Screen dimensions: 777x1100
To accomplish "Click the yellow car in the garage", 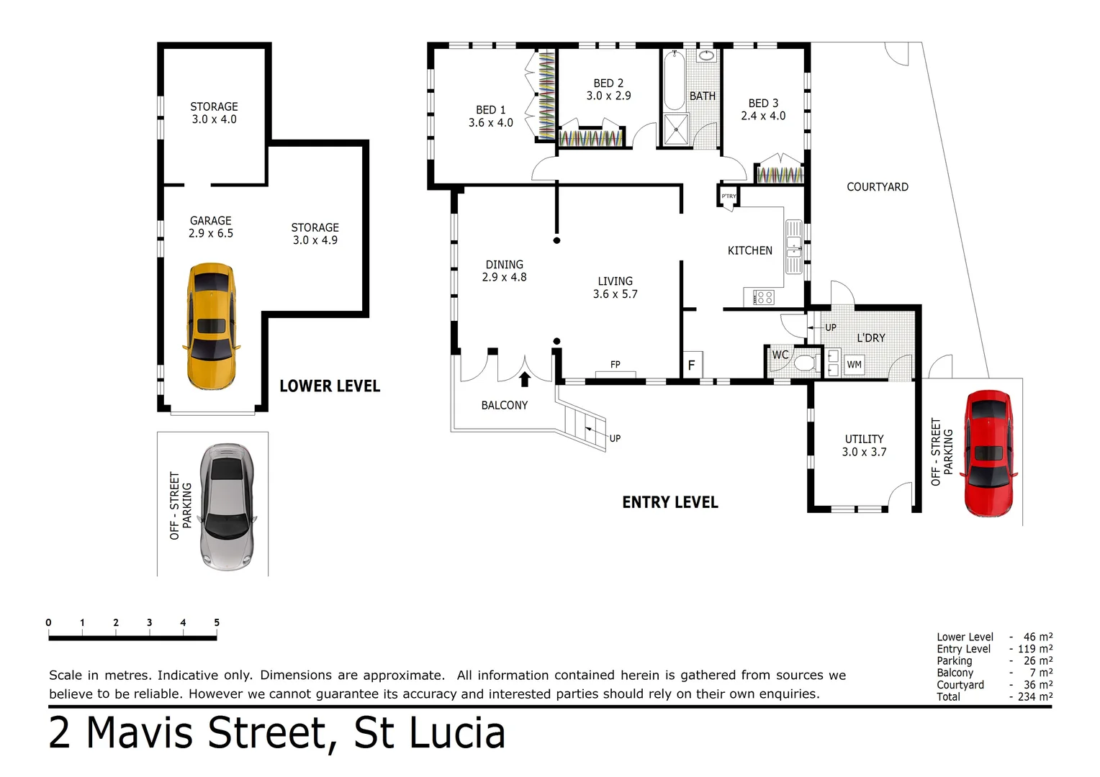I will [x=211, y=326].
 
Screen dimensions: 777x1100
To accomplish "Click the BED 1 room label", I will [x=490, y=110].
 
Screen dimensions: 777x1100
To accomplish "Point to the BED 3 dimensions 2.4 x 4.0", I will [x=763, y=116].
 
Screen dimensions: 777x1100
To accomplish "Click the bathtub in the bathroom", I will [x=674, y=81].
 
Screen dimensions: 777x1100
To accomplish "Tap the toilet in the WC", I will [x=803, y=363].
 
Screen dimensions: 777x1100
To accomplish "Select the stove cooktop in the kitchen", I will [x=763, y=297].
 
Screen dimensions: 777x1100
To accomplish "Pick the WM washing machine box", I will [x=854, y=365].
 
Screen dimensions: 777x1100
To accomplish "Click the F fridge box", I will [x=691, y=365].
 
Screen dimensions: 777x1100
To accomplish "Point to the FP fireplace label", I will [x=615, y=365].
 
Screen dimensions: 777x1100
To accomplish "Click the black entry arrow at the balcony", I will [x=525, y=379].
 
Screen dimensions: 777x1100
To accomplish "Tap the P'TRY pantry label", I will [x=729, y=196].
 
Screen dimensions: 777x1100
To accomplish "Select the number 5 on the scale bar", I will [x=216, y=623].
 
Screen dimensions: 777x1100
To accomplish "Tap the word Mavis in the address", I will [x=143, y=734].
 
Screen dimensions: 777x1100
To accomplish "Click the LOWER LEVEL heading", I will [x=330, y=386].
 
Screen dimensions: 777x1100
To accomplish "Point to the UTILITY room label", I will [x=864, y=439].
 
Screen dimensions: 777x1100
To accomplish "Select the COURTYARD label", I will [x=877, y=187].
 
